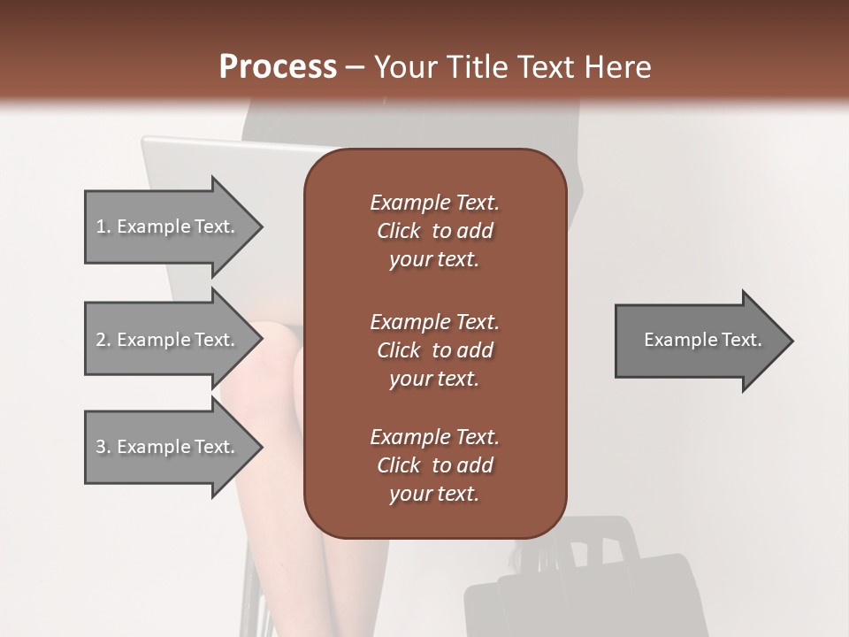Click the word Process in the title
[278, 67]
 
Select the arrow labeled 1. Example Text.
[168, 226]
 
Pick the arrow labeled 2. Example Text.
[168, 340]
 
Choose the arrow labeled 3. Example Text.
[168, 447]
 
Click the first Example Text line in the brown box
[434, 203]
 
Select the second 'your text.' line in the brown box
[434, 379]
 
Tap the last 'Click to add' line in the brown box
[434, 465]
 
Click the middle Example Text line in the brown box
[434, 322]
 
